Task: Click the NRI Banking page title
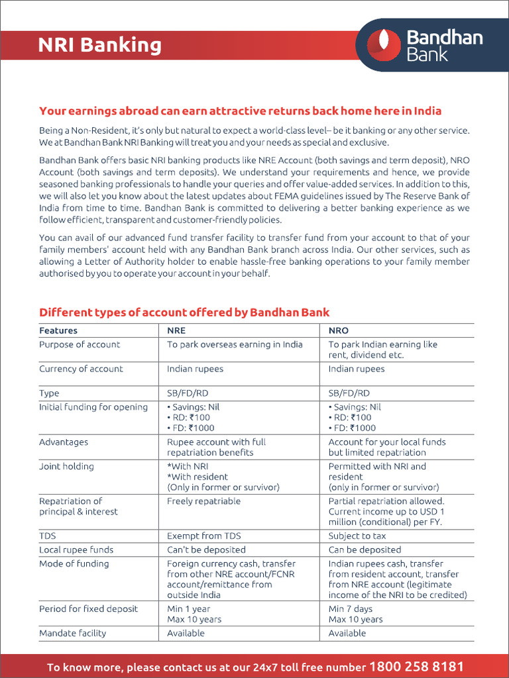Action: tap(100, 45)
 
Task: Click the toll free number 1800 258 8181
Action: tap(416, 666)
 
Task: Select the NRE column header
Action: tap(176, 330)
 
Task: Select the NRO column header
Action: tap(338, 330)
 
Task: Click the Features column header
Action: tap(58, 330)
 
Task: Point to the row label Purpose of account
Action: tap(80, 344)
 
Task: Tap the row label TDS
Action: tap(48, 536)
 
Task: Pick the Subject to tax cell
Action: tap(357, 536)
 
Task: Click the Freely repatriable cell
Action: tap(204, 501)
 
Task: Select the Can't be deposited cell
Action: tap(206, 550)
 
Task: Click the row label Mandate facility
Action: tap(72, 633)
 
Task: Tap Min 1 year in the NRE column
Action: tap(189, 608)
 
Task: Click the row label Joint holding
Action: tap(66, 466)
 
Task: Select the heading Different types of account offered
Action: tap(184, 312)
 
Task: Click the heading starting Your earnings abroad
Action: tap(240, 111)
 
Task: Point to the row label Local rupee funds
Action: tap(76, 550)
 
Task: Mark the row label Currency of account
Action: tap(81, 369)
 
